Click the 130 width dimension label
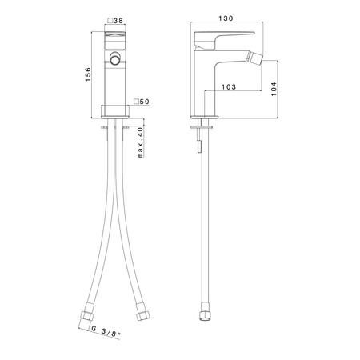pos(226,18)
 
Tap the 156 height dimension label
pos(88,74)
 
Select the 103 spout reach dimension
pos(229,87)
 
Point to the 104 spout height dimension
pos(274,89)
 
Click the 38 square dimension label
pos(118,21)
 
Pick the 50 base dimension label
pos(145,102)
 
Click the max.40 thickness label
pos(141,142)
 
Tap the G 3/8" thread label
pos(106,332)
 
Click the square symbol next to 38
pos(110,21)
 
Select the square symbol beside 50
pos(136,102)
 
